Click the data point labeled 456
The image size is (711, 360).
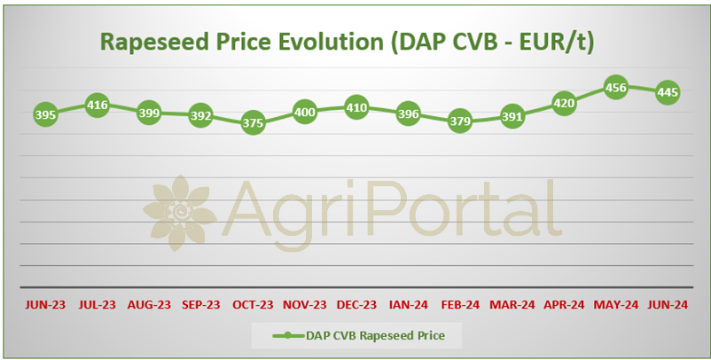pos(616,88)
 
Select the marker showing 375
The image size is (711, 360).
pos(253,123)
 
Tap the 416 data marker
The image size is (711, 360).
pos(97,106)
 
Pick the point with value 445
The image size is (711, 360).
pos(668,92)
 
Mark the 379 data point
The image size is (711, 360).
pos(460,121)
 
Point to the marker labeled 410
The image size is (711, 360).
pos(356,108)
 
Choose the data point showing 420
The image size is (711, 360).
pos(564,104)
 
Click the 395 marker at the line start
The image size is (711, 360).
pos(45,114)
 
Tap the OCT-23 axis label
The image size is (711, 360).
pos(253,305)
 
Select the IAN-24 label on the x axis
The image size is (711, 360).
pos(409,305)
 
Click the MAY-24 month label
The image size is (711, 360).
pos(616,305)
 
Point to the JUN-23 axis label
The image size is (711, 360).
pos(45,305)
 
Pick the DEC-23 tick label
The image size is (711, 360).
pos(356,305)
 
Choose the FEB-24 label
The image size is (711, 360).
pos(460,305)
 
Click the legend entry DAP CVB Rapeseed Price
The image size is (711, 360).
pos(376,335)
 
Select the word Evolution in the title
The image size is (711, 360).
pos(331,42)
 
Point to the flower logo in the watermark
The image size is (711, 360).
pos(180,213)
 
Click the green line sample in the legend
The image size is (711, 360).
pos(288,336)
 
